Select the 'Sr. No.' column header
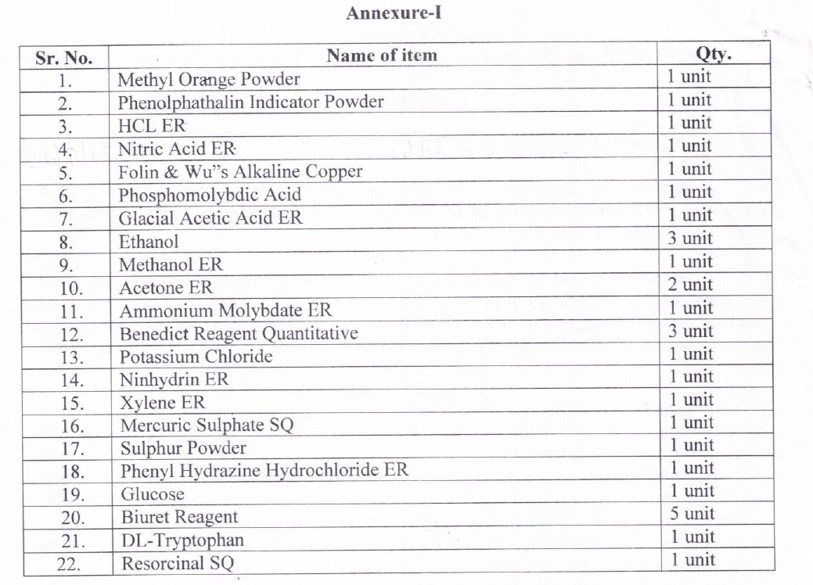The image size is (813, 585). pos(64,58)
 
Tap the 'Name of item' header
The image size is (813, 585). pos(382,56)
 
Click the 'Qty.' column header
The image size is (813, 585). pos(713,54)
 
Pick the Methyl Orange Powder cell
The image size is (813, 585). pos(209,79)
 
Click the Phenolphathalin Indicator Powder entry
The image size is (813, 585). pos(250,102)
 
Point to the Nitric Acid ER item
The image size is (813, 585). pos(177,149)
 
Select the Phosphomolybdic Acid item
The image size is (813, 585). pos(210,195)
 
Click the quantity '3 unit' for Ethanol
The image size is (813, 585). pos(689,238)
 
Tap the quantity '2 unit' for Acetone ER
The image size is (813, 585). pos(689,284)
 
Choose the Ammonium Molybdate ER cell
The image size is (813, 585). pos(225,310)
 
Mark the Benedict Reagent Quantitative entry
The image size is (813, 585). pos(239,334)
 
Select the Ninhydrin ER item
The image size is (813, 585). pos(174,380)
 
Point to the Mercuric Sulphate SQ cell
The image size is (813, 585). pos(207,425)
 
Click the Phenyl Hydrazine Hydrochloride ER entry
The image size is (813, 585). pos(264,471)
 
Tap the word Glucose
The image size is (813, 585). pos(153,494)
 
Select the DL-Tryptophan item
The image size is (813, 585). pos(182,540)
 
